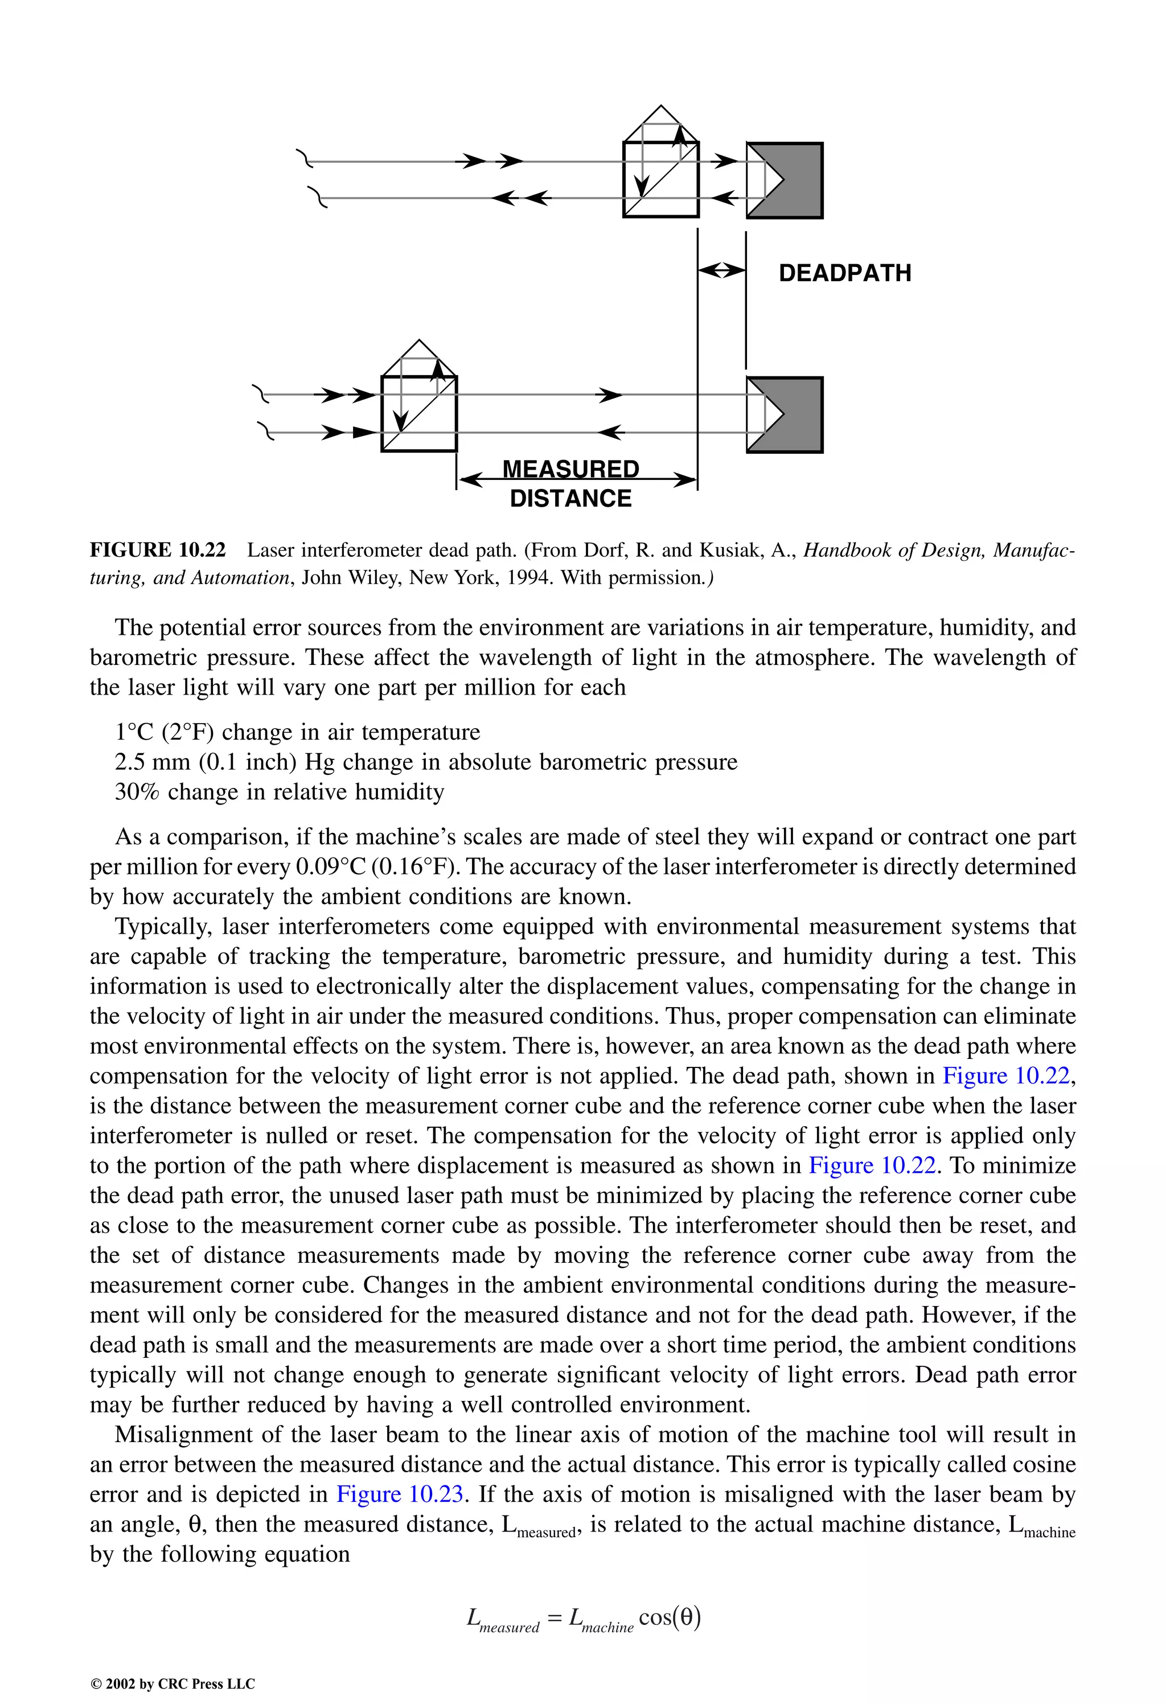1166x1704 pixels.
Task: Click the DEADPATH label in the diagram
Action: [845, 273]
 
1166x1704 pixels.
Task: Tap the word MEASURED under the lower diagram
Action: [570, 469]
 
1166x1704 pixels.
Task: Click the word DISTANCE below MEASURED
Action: [570, 499]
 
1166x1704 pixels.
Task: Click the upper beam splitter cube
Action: [661, 180]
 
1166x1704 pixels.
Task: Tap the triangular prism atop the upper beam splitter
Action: [661, 125]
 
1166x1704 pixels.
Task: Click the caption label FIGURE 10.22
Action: [158, 550]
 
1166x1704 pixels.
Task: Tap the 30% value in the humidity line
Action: [137, 792]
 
